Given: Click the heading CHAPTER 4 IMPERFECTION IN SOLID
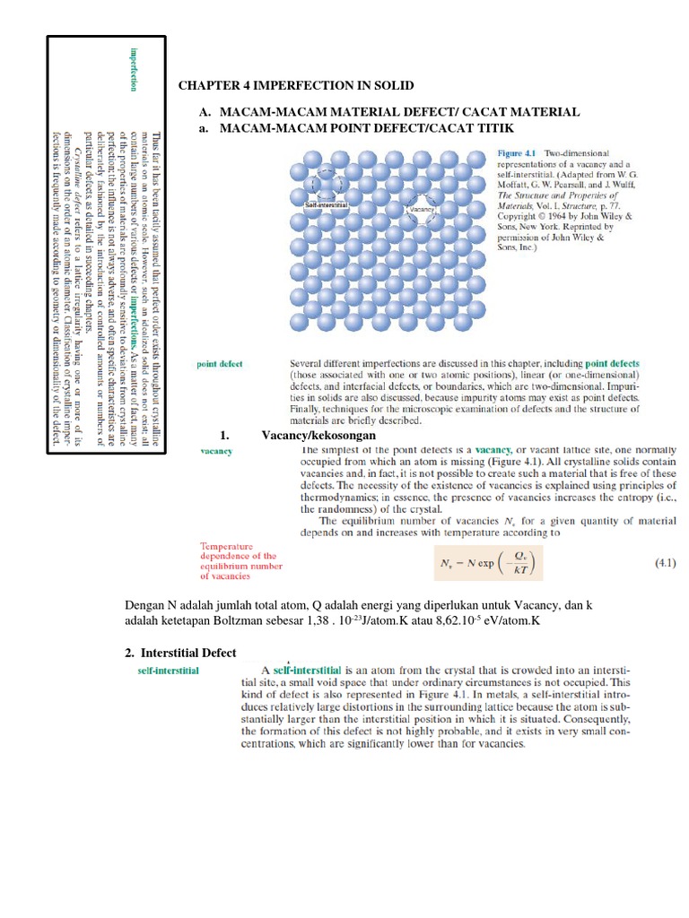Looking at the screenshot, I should (296, 85).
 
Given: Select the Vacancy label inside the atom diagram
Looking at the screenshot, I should (422, 209).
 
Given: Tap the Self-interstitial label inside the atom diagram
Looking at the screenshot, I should (327, 204).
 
